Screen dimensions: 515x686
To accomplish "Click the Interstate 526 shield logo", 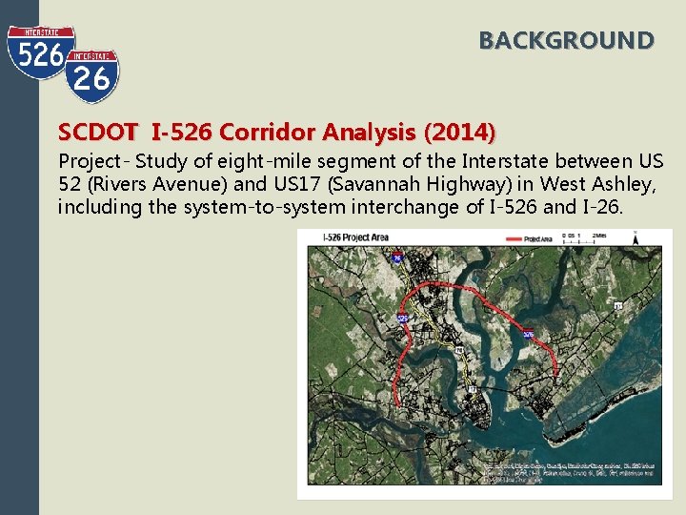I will pyautogui.click(x=40, y=55).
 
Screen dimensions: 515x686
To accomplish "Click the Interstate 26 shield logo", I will pyautogui.click(x=91, y=76).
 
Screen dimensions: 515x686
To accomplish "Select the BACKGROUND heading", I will pyautogui.click(x=566, y=41).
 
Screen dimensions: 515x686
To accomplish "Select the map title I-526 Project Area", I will pyautogui.click(x=349, y=237).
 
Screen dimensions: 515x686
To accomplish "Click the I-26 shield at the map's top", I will pyautogui.click(x=395, y=255).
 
